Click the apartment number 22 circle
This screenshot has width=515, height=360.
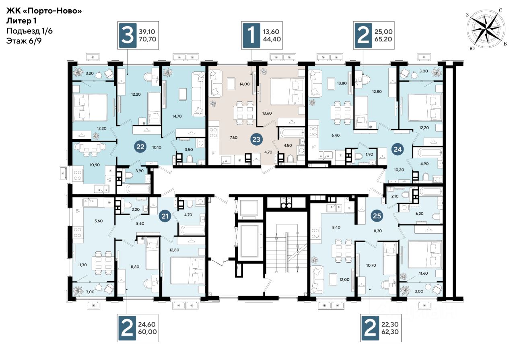[140, 147]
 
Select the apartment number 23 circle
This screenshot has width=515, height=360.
[256, 139]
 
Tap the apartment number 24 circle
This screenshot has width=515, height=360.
[398, 149]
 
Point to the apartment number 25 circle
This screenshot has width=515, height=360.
[377, 216]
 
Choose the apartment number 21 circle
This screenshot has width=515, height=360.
[165, 216]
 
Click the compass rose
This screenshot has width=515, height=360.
[486, 29]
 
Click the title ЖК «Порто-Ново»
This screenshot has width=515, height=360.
[44, 10]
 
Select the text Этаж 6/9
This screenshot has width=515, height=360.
[24, 41]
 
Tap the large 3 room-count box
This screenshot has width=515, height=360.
[128, 35]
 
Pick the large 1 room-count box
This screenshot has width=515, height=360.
[251, 35]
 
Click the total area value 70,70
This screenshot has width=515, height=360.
[147, 39]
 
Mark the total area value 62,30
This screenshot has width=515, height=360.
[390, 332]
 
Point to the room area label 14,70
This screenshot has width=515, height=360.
[177, 116]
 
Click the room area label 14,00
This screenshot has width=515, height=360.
[244, 84]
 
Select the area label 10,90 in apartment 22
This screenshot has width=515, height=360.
[95, 165]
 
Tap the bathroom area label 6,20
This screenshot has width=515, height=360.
[419, 214]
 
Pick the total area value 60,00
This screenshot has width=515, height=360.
[147, 332]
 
